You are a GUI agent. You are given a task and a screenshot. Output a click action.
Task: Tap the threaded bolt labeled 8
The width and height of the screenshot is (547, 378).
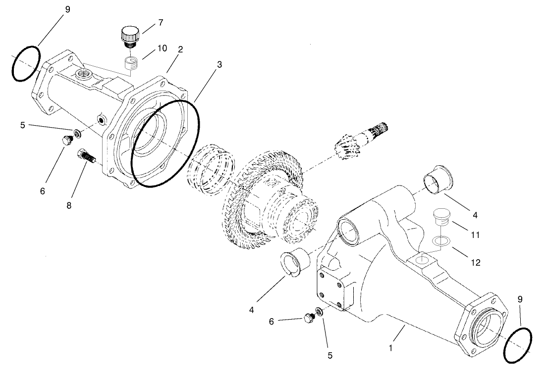86,158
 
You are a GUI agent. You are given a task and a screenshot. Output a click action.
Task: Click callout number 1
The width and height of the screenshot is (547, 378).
390,348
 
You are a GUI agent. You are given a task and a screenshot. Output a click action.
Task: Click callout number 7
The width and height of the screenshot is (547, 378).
161,22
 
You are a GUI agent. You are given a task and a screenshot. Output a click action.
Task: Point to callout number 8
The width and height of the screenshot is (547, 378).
69,205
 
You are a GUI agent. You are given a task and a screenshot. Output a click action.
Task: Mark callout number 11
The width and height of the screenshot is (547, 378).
475,235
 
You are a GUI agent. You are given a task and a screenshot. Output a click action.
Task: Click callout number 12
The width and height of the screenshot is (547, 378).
476,263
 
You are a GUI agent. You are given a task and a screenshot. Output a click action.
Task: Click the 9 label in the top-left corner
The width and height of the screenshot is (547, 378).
67,9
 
